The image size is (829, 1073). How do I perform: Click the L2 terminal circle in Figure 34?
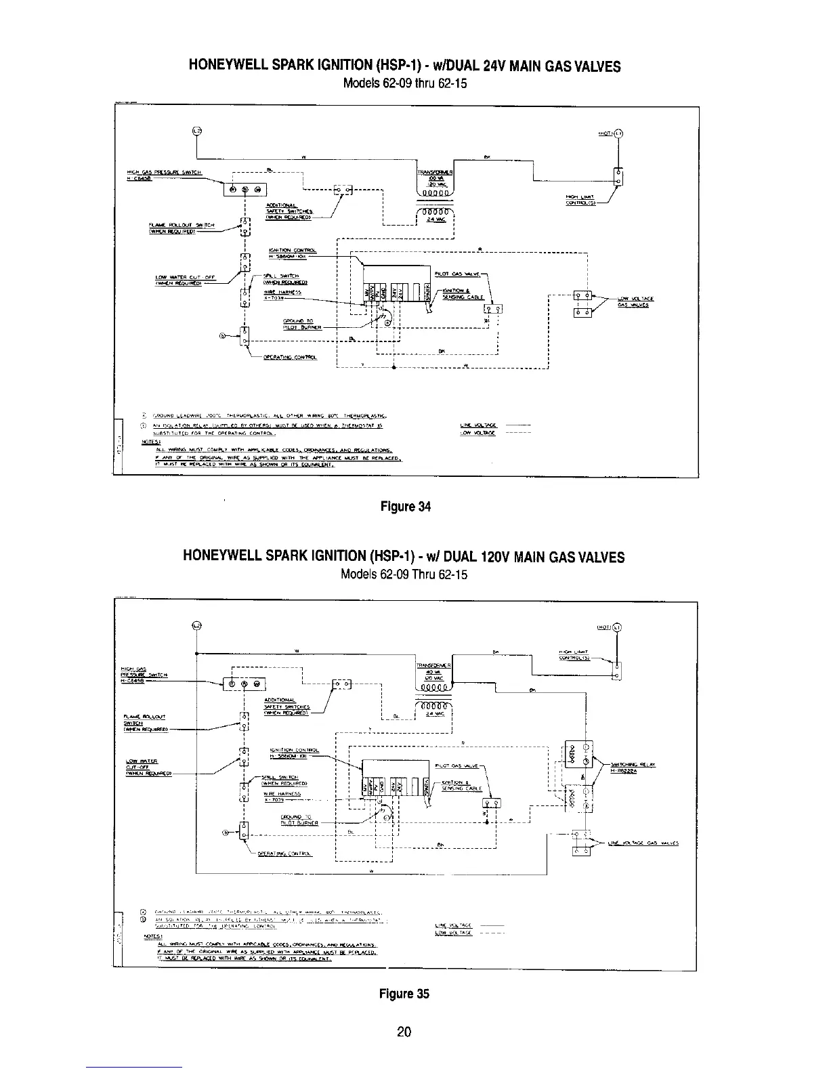pyautogui.click(x=197, y=130)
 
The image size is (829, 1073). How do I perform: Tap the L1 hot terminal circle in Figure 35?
pyautogui.click(x=618, y=627)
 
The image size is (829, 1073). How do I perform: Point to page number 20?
pyautogui.click(x=404, y=1032)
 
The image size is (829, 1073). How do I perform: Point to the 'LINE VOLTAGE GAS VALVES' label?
pyautogui.click(x=639, y=843)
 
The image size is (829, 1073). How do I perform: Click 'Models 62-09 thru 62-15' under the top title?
pyautogui.click(x=405, y=85)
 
